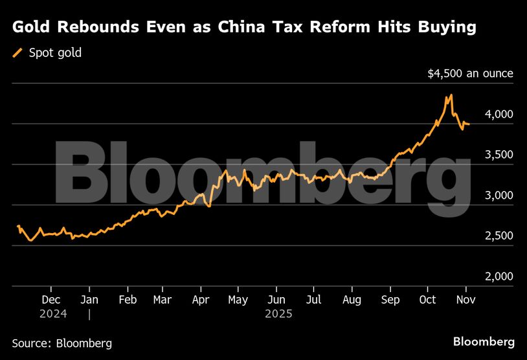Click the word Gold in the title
coord(32,27)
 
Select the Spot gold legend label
coord(55,52)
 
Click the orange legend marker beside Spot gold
coord(17,52)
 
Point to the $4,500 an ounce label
coord(470,73)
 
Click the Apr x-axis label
coord(201,300)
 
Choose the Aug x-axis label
coord(351,300)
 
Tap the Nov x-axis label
coord(465,300)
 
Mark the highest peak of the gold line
coord(451,95)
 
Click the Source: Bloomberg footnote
coord(62,343)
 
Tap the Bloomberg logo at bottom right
coord(484,341)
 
